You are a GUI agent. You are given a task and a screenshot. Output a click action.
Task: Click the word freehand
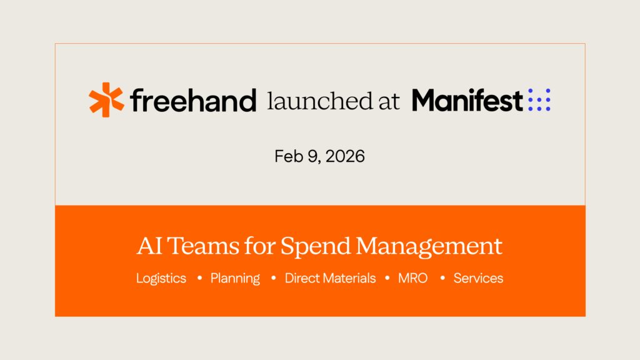point(193,100)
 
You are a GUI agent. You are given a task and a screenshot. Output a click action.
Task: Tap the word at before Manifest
point(389,101)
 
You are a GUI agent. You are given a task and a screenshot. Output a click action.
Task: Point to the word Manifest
point(467,100)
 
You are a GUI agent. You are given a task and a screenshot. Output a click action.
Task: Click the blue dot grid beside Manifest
point(539,100)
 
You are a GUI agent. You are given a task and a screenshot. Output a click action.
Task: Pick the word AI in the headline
point(147,246)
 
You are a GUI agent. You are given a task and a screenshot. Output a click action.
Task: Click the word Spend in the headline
point(316,246)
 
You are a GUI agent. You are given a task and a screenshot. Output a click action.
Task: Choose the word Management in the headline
point(429,246)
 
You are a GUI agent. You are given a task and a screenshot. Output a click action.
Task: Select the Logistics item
point(161,279)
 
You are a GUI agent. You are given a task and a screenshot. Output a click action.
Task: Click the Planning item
point(235,279)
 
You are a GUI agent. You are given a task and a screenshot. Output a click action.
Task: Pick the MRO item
point(413,278)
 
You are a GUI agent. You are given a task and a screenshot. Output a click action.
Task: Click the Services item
point(478,278)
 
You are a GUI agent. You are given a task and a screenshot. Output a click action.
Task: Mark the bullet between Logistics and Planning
point(199,278)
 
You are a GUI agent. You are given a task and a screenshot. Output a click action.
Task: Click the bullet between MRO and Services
point(442,278)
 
